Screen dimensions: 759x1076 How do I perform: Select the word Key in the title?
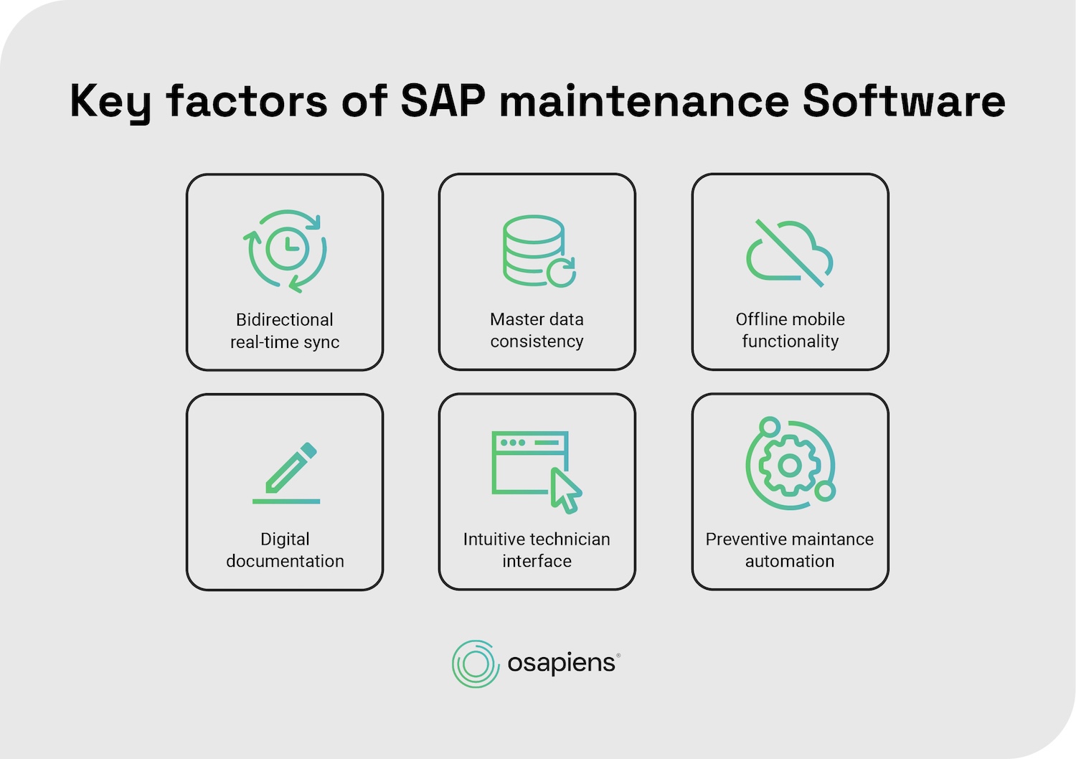(110, 102)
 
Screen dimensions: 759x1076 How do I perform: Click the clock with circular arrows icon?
(285, 250)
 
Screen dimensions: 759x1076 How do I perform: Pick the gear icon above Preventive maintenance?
(790, 465)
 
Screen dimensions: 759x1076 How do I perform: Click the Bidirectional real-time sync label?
(285, 331)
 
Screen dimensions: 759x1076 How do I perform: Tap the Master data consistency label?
(537, 330)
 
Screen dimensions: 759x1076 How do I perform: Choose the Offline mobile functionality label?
(790, 330)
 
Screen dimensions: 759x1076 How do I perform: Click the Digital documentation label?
(285, 550)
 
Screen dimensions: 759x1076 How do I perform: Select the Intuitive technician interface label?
(537, 550)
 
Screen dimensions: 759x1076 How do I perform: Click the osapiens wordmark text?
(561, 663)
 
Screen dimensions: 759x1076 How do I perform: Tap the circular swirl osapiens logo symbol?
(475, 664)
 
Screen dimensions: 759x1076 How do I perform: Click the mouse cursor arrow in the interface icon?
(565, 491)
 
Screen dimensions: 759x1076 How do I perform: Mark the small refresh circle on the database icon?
(561, 273)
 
